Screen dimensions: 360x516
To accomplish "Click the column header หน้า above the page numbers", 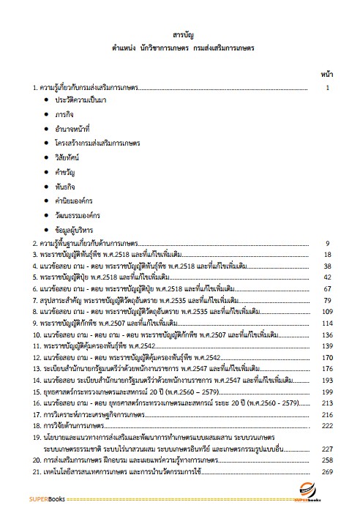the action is pyautogui.click(x=327, y=74).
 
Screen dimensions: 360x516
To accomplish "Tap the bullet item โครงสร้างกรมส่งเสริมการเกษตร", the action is pyautogui.click(x=97, y=143).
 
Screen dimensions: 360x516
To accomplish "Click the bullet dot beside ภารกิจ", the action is pyautogui.click(x=48, y=113).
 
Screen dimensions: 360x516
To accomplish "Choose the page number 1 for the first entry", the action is pyautogui.click(x=329, y=87).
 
